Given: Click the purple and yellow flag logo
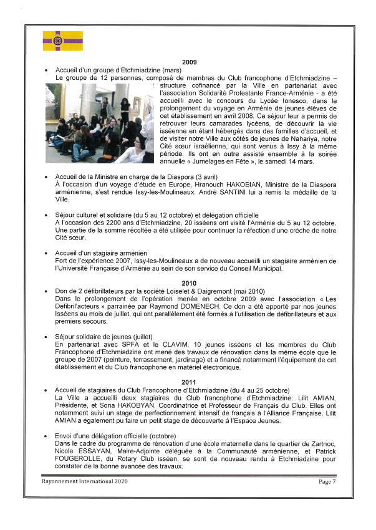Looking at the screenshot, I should [x=62, y=41].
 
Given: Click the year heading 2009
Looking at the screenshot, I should [x=189, y=62].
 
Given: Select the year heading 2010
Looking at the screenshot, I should [x=189, y=283].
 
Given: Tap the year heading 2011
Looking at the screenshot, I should [x=189, y=382].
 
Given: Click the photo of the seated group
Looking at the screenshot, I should [x=99, y=123].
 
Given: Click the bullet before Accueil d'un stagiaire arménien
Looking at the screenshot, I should [x=47, y=253].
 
